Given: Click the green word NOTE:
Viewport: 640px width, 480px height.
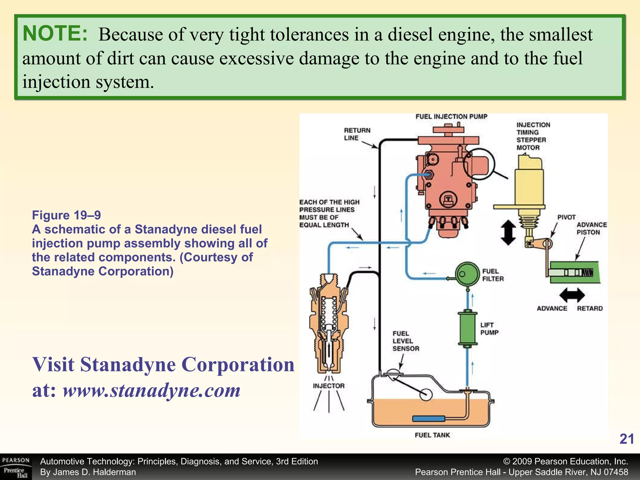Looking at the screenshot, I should click(55, 33).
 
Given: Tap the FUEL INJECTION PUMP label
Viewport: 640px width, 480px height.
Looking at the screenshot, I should click(451, 117).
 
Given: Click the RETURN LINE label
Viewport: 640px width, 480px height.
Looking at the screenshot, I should click(357, 134).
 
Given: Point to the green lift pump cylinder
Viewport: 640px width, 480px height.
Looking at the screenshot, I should click(467, 328).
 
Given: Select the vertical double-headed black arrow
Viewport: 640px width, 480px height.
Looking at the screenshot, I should click(508, 232).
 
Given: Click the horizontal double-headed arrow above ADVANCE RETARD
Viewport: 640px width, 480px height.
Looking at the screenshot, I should click(572, 295).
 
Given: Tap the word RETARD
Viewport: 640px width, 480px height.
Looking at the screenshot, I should click(590, 308).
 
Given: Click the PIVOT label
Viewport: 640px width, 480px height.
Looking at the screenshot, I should click(566, 217).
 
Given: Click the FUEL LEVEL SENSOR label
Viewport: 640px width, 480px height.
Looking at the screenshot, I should click(406, 341).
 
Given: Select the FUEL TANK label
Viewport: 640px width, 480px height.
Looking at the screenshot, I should click(432, 435).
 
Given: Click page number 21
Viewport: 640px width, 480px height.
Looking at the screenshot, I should click(627, 439).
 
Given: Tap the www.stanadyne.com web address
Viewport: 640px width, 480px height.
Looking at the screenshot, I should click(152, 390).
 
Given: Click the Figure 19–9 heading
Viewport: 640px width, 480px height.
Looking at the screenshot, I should click(66, 215).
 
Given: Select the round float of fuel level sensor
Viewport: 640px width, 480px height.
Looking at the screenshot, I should click(426, 394).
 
